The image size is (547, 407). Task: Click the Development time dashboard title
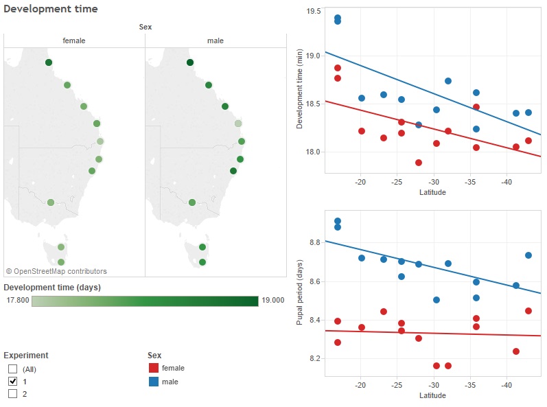pyautogui.click(x=51, y=9)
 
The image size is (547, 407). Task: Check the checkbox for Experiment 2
pyautogui.click(x=12, y=394)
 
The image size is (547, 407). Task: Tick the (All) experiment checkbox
pyautogui.click(x=12, y=369)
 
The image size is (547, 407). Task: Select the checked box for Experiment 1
pyautogui.click(x=12, y=382)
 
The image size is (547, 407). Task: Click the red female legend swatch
pyautogui.click(x=154, y=369)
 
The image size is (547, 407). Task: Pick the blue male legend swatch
pyautogui.click(x=154, y=381)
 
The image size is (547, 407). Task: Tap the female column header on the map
pyautogui.click(x=74, y=40)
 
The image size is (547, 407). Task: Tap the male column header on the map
pyautogui.click(x=216, y=40)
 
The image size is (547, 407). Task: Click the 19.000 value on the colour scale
pyautogui.click(x=272, y=300)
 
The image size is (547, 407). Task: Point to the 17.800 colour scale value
pyautogui.click(x=16, y=300)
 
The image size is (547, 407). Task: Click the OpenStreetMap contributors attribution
pyautogui.click(x=56, y=271)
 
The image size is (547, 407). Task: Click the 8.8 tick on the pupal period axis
pyautogui.click(x=314, y=242)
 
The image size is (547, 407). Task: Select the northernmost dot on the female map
pyautogui.click(x=49, y=62)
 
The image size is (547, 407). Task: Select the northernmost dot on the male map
pyautogui.click(x=190, y=62)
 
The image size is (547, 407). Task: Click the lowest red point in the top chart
pyautogui.click(x=419, y=163)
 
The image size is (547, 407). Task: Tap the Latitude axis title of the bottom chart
pyautogui.click(x=432, y=395)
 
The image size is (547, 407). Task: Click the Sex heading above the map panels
pyautogui.click(x=145, y=27)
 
